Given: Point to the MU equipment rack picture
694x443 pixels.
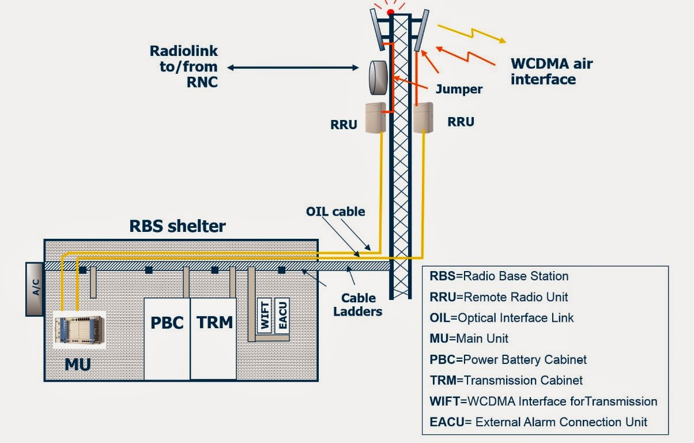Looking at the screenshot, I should (80, 331).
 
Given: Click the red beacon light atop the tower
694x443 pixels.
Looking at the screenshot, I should (390, 12).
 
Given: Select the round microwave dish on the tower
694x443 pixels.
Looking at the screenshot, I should (378, 77).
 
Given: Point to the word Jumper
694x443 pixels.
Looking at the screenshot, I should (459, 89).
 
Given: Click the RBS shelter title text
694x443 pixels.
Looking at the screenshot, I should (177, 226).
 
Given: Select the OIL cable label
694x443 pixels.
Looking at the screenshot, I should (335, 212).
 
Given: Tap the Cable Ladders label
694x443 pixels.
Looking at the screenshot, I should (358, 305).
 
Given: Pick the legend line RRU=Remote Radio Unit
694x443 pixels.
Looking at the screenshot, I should (499, 296).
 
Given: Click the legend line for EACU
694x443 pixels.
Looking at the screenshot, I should (538, 422).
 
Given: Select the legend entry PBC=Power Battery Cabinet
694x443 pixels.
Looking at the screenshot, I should (508, 359).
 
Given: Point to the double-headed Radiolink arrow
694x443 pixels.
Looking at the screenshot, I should (293, 68).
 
